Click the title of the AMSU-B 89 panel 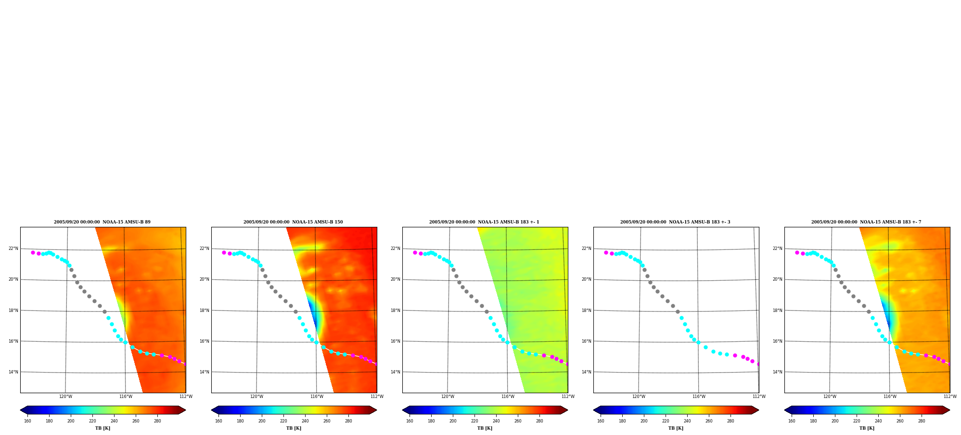(x=102, y=222)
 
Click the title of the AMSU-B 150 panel (x=293, y=222)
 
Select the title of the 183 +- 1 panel (x=484, y=222)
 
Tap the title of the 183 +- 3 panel (x=675, y=222)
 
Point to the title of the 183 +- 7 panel (x=866, y=222)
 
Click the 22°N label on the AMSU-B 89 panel (x=13, y=249)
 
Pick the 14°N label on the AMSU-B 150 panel (x=205, y=372)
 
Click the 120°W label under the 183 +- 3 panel (x=639, y=397)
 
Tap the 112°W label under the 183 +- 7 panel (x=950, y=397)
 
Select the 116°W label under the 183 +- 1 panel (x=508, y=397)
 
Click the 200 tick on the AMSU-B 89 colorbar (x=71, y=421)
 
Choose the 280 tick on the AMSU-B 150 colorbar (x=348, y=421)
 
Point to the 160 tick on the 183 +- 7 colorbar (x=792, y=421)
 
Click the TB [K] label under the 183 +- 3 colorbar (x=676, y=428)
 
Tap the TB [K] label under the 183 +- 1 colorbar (x=485, y=428)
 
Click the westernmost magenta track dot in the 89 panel (x=33, y=252)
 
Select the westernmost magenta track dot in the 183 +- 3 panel (x=606, y=252)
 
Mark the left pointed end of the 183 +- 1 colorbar (x=403, y=410)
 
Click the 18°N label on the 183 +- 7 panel (x=778, y=311)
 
